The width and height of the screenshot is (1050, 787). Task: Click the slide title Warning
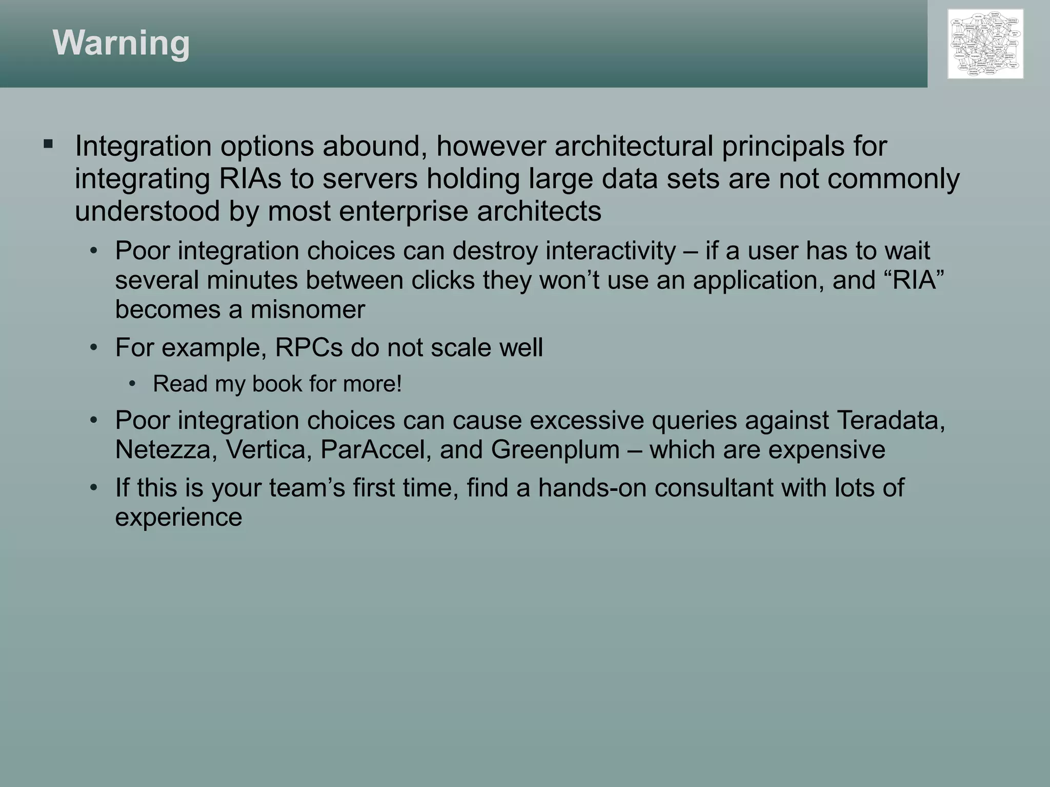click(x=121, y=43)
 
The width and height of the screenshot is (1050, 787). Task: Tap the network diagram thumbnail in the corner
click(x=985, y=44)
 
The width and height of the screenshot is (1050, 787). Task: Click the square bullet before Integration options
click(x=49, y=144)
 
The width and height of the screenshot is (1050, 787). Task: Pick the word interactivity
click(x=611, y=251)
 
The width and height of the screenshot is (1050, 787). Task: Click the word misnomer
click(x=308, y=309)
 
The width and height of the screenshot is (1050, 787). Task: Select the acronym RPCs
click(x=309, y=348)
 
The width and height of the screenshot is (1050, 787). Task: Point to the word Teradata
click(x=891, y=420)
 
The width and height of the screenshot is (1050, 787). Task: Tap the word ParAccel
click(x=376, y=450)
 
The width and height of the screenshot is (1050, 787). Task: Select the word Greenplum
click(x=555, y=450)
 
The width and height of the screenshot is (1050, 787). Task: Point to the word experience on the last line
click(x=178, y=517)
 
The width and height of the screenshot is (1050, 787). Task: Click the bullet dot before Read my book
click(x=133, y=384)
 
